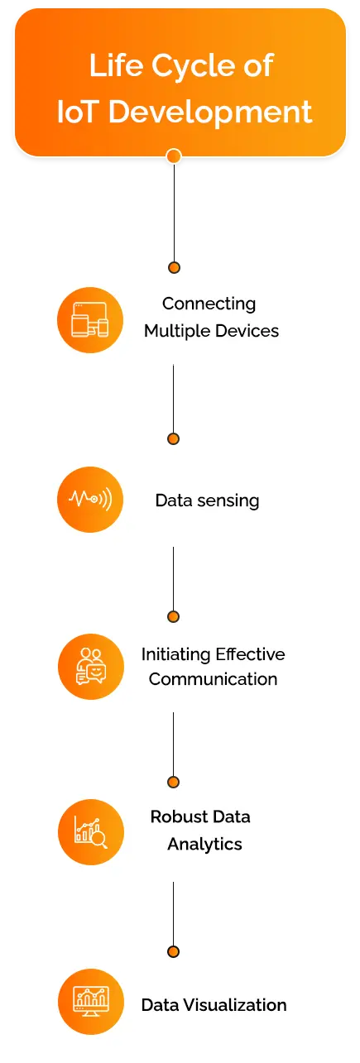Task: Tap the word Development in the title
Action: (210, 112)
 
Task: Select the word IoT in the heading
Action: (78, 112)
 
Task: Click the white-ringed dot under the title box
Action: (174, 156)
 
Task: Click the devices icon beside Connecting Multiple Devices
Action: (89, 320)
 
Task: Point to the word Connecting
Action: (209, 304)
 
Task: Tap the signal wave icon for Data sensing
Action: (89, 499)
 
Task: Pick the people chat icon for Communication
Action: (91, 666)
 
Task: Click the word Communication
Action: (214, 679)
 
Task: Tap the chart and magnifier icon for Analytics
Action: (91, 832)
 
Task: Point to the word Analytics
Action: (204, 845)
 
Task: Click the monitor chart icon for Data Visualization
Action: (91, 1001)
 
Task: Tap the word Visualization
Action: (235, 1005)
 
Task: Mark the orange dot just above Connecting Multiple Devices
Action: (174, 268)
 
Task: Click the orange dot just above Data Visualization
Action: (173, 951)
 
